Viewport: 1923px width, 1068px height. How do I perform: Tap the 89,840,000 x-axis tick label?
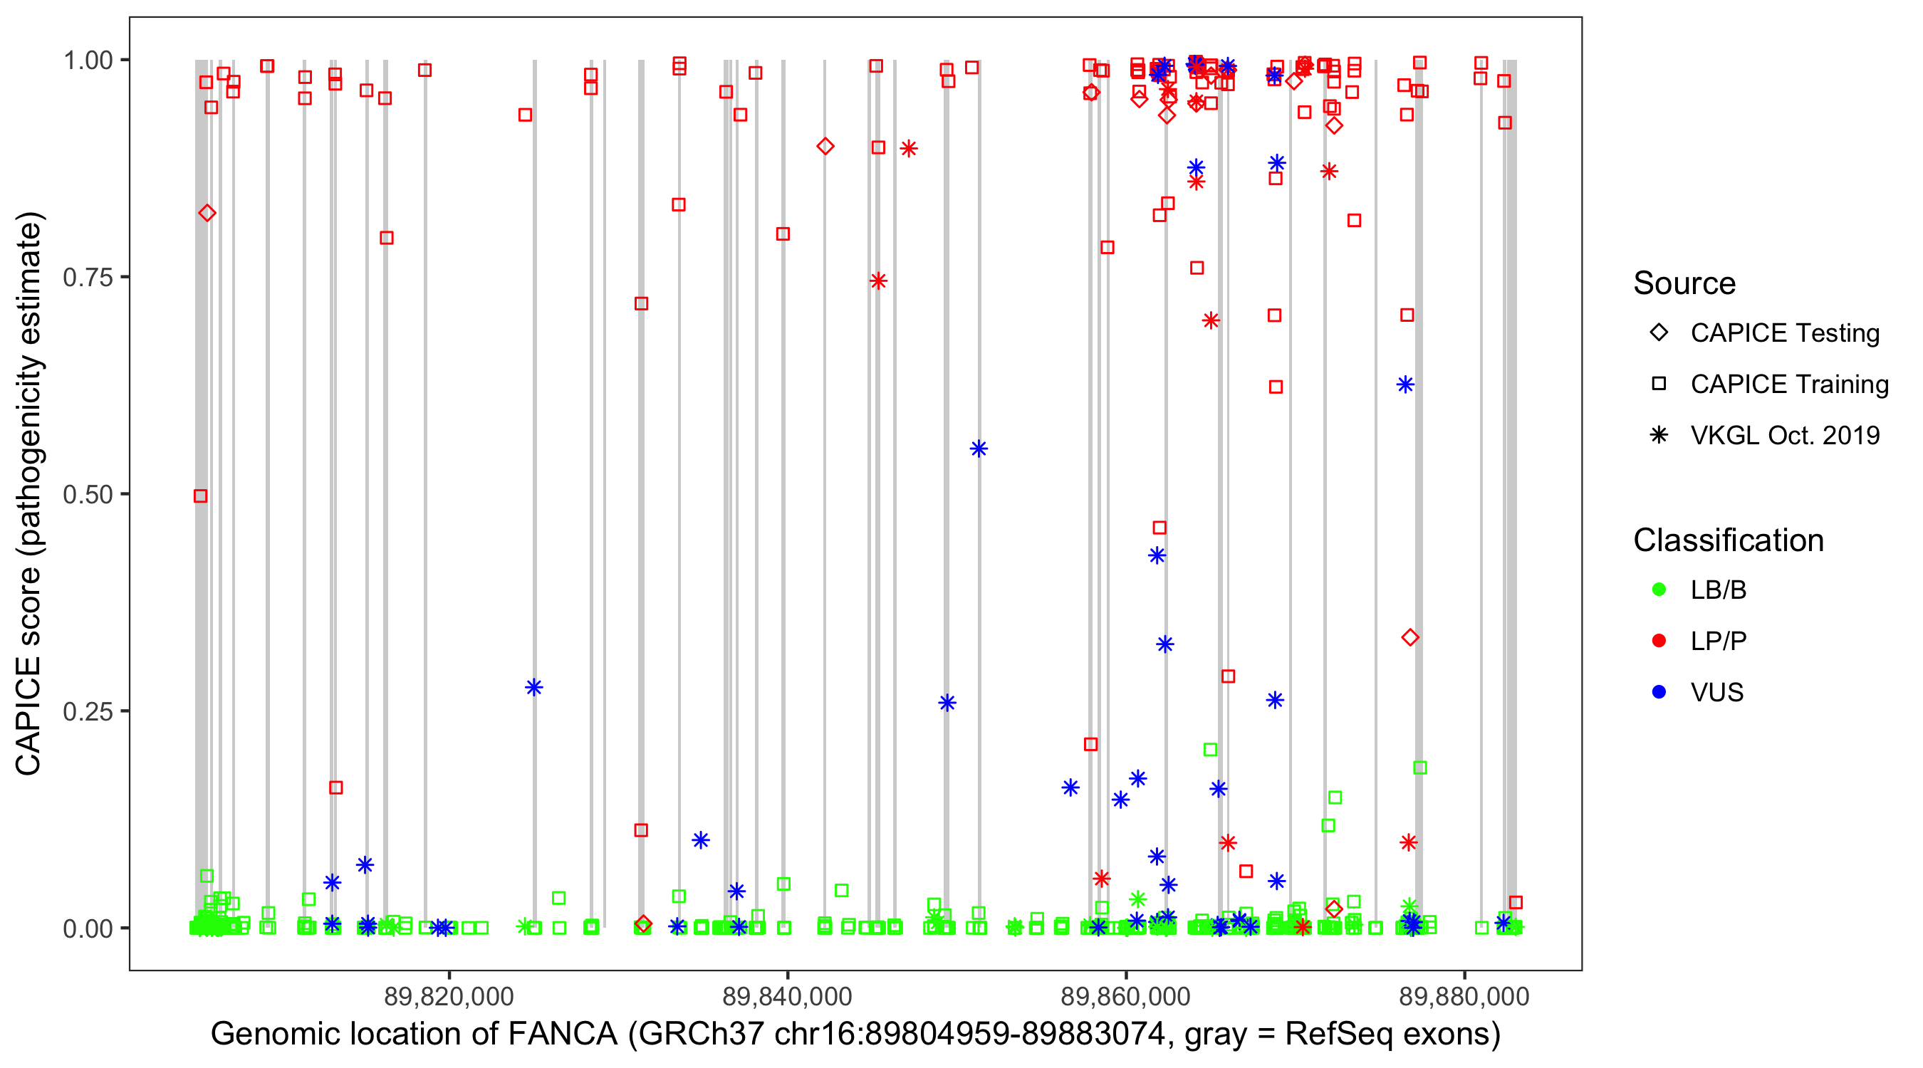787,996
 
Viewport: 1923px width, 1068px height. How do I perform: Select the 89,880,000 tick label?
1464,996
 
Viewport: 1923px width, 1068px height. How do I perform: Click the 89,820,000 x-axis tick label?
449,996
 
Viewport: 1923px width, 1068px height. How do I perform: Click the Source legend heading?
1684,283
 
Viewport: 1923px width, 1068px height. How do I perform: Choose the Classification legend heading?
1728,540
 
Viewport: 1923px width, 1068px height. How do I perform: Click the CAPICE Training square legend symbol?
1659,384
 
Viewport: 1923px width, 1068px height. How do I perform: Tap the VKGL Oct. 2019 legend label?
1785,435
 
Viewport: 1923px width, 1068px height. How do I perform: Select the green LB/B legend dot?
1659,590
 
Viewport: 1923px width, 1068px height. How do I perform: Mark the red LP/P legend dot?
1659,641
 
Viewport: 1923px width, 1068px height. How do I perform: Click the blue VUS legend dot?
1659,692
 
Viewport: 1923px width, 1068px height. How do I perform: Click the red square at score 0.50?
200,496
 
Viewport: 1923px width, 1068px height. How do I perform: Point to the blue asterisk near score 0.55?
979,449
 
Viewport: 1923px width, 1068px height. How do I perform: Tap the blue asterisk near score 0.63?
1406,385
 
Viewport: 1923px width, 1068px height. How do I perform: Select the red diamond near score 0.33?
1410,637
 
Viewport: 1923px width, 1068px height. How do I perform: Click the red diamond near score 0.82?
207,214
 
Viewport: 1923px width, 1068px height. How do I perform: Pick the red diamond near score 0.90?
825,146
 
